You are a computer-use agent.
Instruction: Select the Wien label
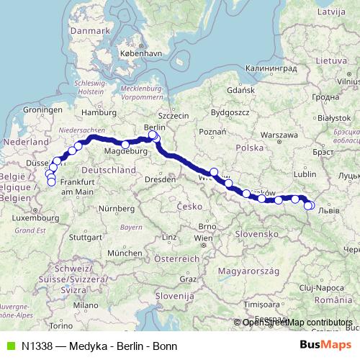click(x=204, y=237)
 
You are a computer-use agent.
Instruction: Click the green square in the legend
click(x=10, y=346)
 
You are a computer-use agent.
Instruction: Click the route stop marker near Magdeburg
click(x=125, y=145)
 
